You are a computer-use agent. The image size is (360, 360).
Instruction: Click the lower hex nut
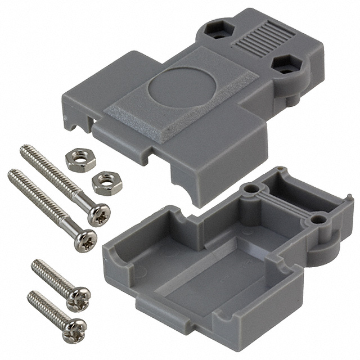click(106, 183)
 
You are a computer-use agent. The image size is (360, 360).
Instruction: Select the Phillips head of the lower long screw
click(85, 241)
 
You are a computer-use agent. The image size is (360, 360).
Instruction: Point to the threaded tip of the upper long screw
click(24, 150)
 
